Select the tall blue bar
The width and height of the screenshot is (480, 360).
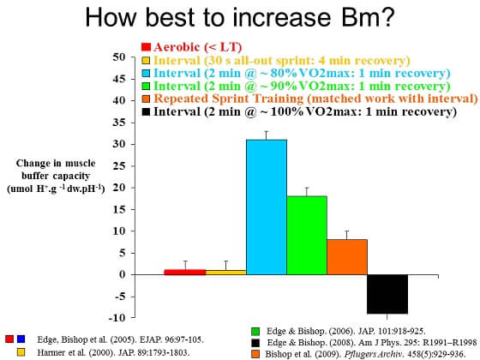267,207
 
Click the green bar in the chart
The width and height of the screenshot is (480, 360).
307,235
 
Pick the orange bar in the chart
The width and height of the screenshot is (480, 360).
347,256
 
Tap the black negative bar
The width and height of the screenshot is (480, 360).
387,294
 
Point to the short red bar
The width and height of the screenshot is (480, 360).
185,272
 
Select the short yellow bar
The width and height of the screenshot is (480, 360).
225,272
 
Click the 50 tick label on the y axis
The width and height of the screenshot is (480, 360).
120,57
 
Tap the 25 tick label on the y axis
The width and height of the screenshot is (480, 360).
120,165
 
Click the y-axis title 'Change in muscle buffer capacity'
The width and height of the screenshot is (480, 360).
55,176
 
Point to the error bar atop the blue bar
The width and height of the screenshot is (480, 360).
267,135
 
